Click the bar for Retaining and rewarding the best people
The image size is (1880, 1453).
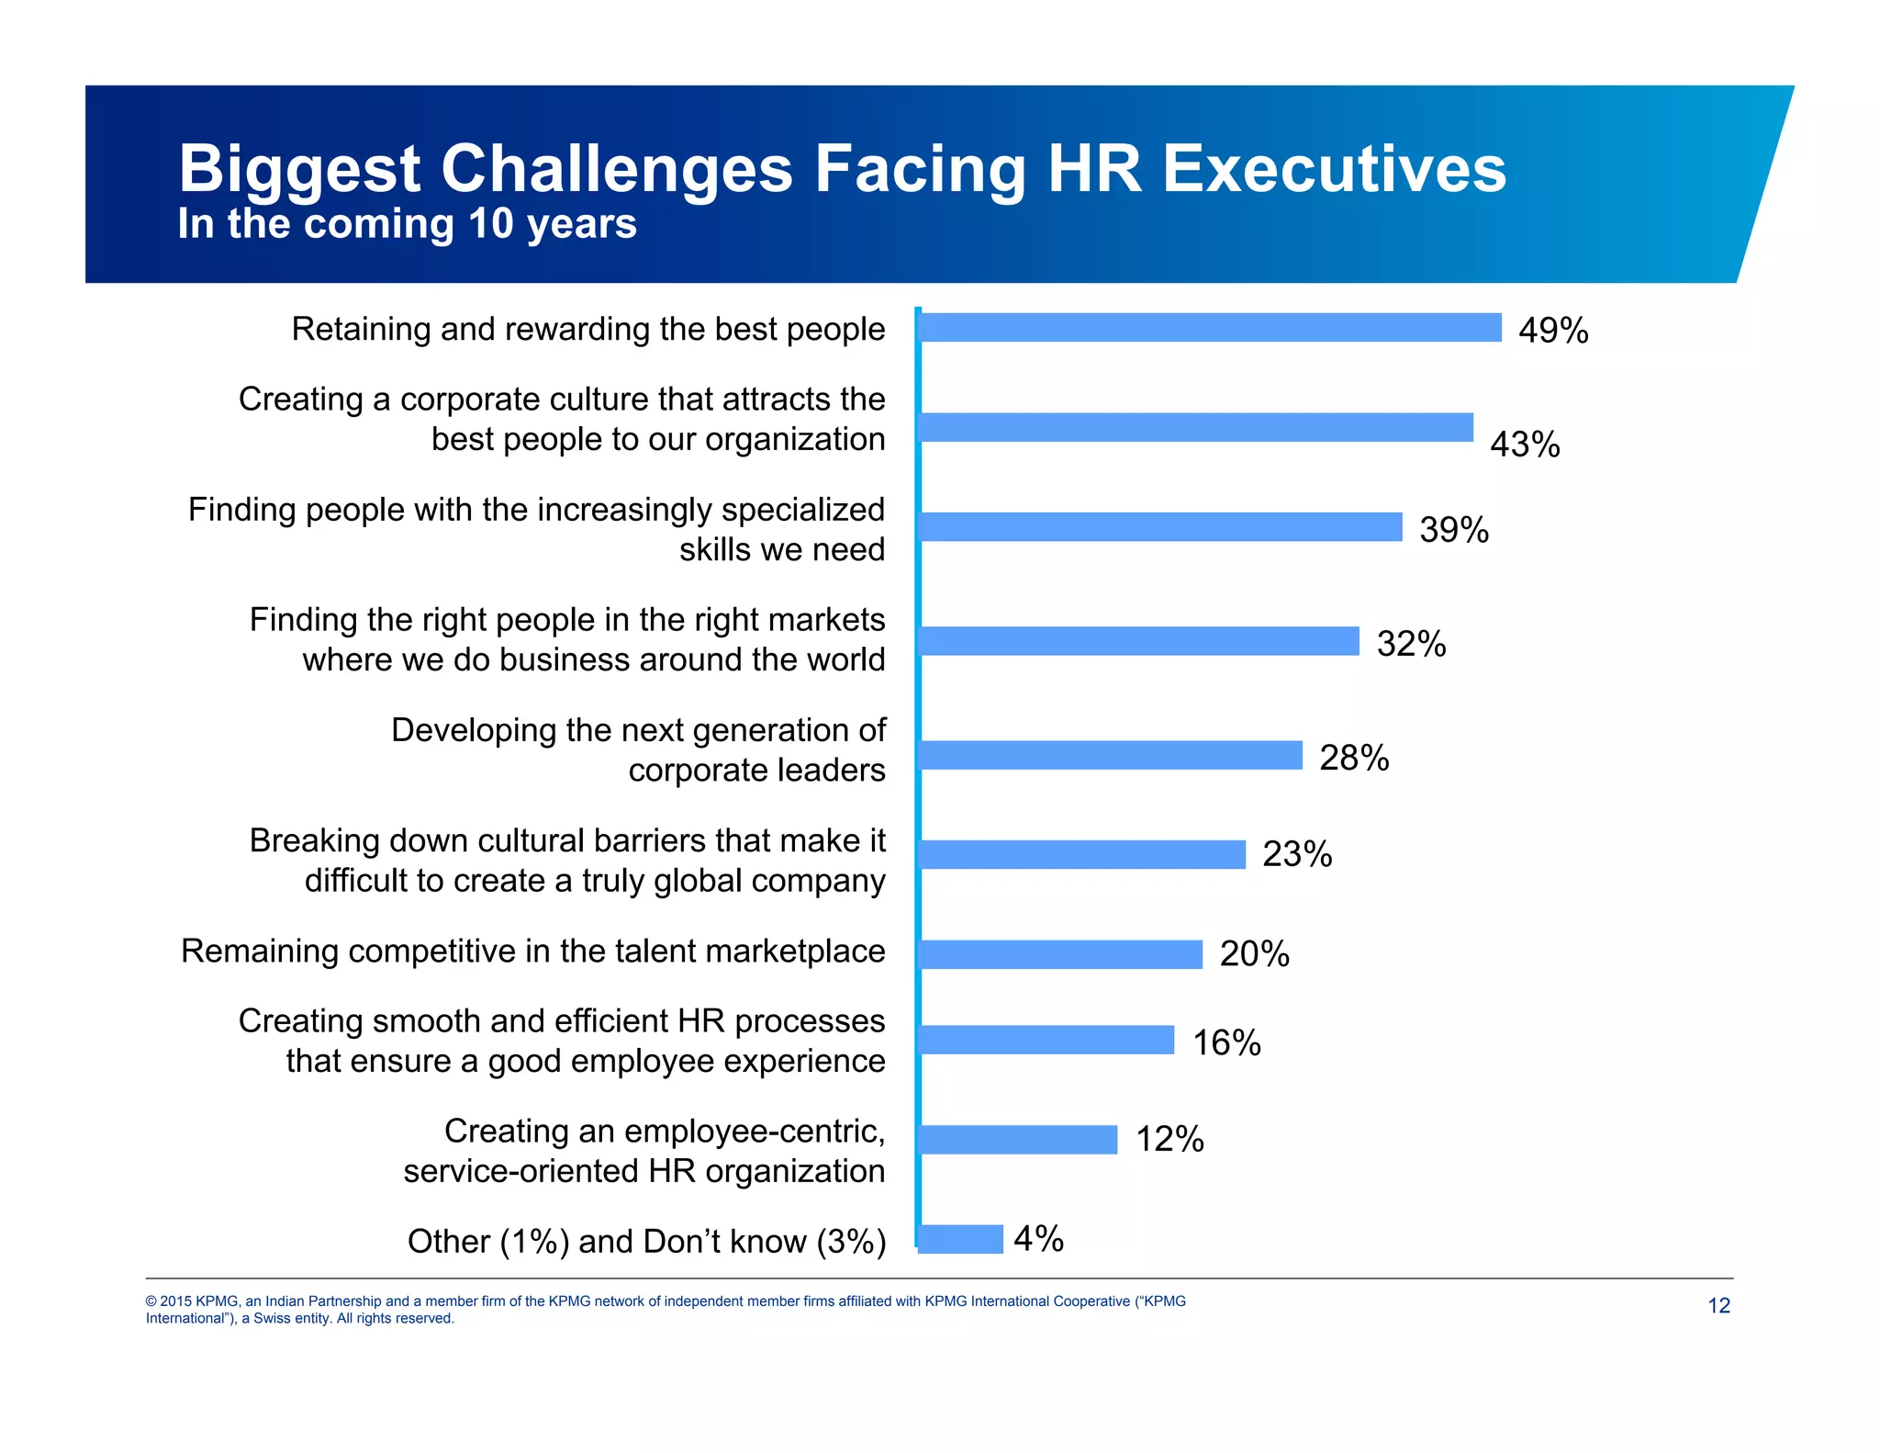tap(1210, 328)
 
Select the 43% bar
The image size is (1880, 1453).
tap(1195, 427)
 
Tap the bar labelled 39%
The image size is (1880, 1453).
tap(1160, 527)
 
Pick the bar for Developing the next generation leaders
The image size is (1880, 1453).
tap(1110, 755)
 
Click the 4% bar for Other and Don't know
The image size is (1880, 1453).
tap(960, 1239)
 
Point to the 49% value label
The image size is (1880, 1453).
tap(1553, 331)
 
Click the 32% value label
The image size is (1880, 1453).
tap(1411, 644)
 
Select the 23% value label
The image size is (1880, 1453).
tap(1297, 854)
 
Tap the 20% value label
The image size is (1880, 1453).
tap(1254, 954)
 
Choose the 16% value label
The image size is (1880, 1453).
tap(1226, 1043)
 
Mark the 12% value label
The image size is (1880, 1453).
tap(1169, 1140)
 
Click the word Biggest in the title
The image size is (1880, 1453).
tap(299, 170)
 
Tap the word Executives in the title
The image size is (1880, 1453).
tap(1334, 169)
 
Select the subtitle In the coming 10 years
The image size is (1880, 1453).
tap(407, 224)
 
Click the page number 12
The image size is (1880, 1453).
tap(1718, 1306)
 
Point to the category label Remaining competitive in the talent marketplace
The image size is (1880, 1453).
tap(533, 952)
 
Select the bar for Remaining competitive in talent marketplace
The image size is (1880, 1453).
tap(1060, 954)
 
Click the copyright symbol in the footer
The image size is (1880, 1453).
tap(151, 1301)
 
